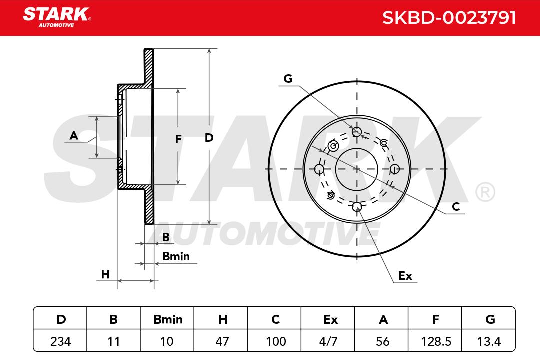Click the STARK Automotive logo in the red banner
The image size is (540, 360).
(57, 17)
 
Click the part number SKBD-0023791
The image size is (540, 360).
(449, 18)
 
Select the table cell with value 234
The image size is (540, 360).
(60, 341)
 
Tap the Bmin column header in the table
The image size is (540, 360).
(168, 319)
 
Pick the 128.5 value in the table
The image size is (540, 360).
(436, 341)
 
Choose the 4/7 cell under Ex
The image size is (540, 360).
(328, 341)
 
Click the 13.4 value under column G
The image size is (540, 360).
(489, 341)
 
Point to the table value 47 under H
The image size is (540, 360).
(222, 341)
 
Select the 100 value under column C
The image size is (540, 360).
(276, 341)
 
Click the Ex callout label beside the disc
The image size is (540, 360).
(405, 276)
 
